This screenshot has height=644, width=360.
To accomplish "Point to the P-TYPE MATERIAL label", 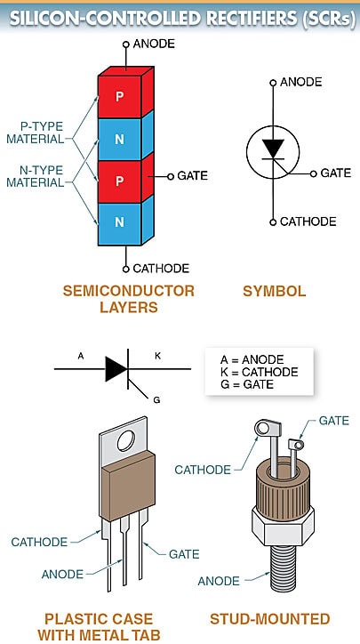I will [x=36, y=132].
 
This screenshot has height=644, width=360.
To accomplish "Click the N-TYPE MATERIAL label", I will [x=36, y=176].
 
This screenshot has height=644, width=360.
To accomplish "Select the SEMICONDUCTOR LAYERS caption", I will [x=129, y=299].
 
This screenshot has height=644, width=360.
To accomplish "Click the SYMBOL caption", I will [x=274, y=291].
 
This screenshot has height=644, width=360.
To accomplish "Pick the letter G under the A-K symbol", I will [x=156, y=400].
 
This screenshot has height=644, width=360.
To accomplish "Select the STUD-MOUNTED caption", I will [x=269, y=618].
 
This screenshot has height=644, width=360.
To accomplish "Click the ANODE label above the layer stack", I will [x=154, y=44].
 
